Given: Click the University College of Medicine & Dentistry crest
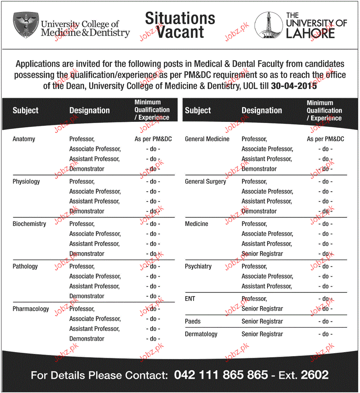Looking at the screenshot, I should tap(26, 25).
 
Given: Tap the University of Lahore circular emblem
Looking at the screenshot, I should tap(268, 25).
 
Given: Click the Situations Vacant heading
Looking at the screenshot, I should tap(180, 25).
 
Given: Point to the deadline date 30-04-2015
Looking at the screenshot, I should tap(294, 86).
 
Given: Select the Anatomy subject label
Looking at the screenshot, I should tap(24, 139).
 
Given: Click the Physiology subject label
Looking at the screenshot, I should tap(26, 181).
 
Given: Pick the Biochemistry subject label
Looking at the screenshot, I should tap(29, 224).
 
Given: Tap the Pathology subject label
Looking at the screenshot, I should tap(25, 266).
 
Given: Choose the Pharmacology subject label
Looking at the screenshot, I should tap(31, 309).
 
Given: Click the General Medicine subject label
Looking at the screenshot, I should tap(207, 139).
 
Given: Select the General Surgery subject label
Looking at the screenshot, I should tap(205, 181).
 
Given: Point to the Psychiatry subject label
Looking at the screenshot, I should tap(198, 266).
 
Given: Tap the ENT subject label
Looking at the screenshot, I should tap(190, 299).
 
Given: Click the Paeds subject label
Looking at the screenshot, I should tap(193, 321).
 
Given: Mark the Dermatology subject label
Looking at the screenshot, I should tap(201, 334).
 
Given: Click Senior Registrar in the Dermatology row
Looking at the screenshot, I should tap(262, 334).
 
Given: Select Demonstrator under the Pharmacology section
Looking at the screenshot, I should tap(87, 338).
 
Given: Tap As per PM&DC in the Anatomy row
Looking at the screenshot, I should tap(153, 139).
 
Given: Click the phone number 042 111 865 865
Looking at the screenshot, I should tap(221, 375).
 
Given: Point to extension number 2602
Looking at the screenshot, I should tap(315, 375).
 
